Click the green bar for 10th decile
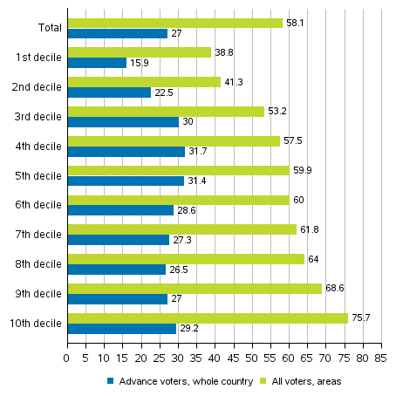point(208,318)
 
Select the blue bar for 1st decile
point(97,63)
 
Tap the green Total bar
point(174,23)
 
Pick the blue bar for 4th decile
point(126,151)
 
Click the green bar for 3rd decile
point(166,111)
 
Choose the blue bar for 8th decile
point(116,270)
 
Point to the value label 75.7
point(360,318)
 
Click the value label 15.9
point(138,63)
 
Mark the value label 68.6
point(334,289)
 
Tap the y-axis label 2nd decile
point(36,87)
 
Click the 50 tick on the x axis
point(251,357)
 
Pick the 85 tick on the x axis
point(380,357)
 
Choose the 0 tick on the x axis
point(67,357)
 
